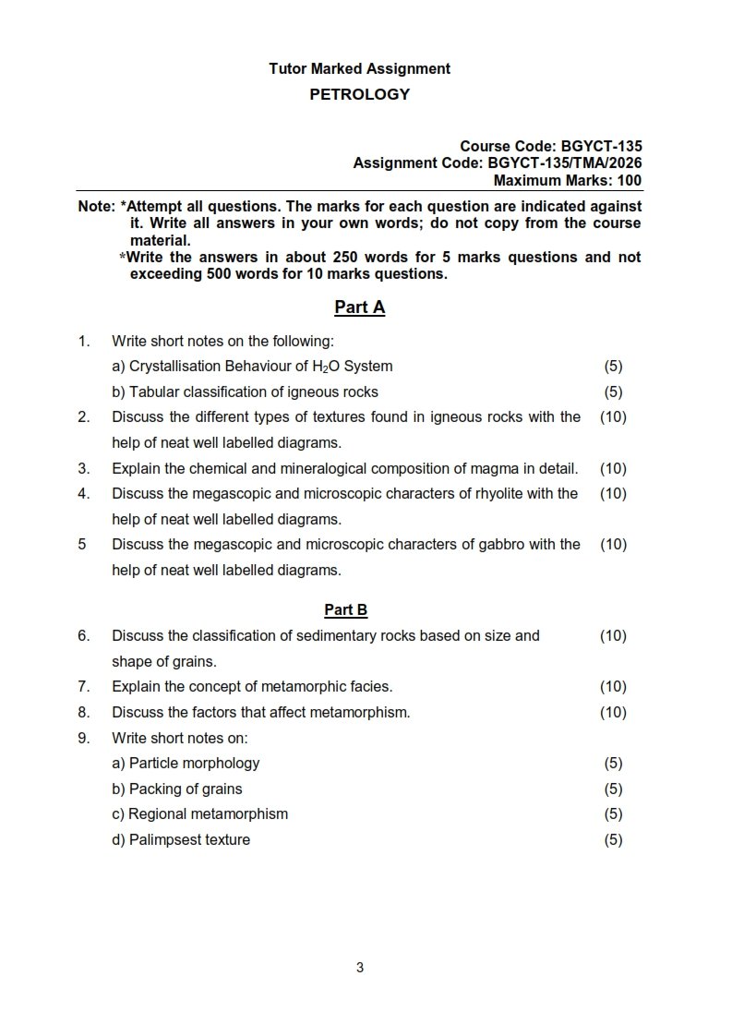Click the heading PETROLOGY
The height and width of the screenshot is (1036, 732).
click(x=359, y=94)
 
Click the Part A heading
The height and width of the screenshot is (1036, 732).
click(x=359, y=307)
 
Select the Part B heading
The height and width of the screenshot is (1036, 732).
click(x=346, y=609)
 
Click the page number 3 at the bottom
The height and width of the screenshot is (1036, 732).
click(x=360, y=968)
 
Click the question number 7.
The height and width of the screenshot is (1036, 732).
click(x=83, y=686)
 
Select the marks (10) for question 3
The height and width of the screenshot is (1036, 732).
click(x=613, y=468)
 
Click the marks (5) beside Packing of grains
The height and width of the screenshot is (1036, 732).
click(x=613, y=789)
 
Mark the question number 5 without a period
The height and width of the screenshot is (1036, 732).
click(x=82, y=544)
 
